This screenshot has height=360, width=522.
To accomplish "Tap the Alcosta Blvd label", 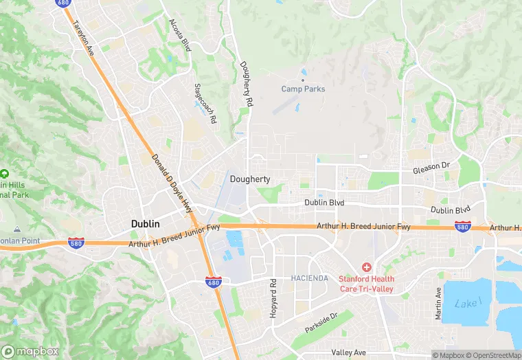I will (180, 35).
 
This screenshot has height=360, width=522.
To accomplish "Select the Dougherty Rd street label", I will (246, 84).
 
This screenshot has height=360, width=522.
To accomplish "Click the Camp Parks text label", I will (304, 89).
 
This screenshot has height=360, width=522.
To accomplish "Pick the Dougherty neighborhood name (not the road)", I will (249, 179).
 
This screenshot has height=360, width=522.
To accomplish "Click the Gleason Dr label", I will (431, 166).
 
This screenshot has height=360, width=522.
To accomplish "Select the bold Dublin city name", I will (146, 224).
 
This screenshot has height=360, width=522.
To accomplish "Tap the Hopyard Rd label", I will (273, 292).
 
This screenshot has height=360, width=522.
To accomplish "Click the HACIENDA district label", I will (309, 278).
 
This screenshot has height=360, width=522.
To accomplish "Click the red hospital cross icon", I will (367, 267).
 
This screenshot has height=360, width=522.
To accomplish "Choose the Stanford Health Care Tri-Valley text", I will (367, 284).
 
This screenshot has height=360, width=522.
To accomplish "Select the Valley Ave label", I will (349, 352).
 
